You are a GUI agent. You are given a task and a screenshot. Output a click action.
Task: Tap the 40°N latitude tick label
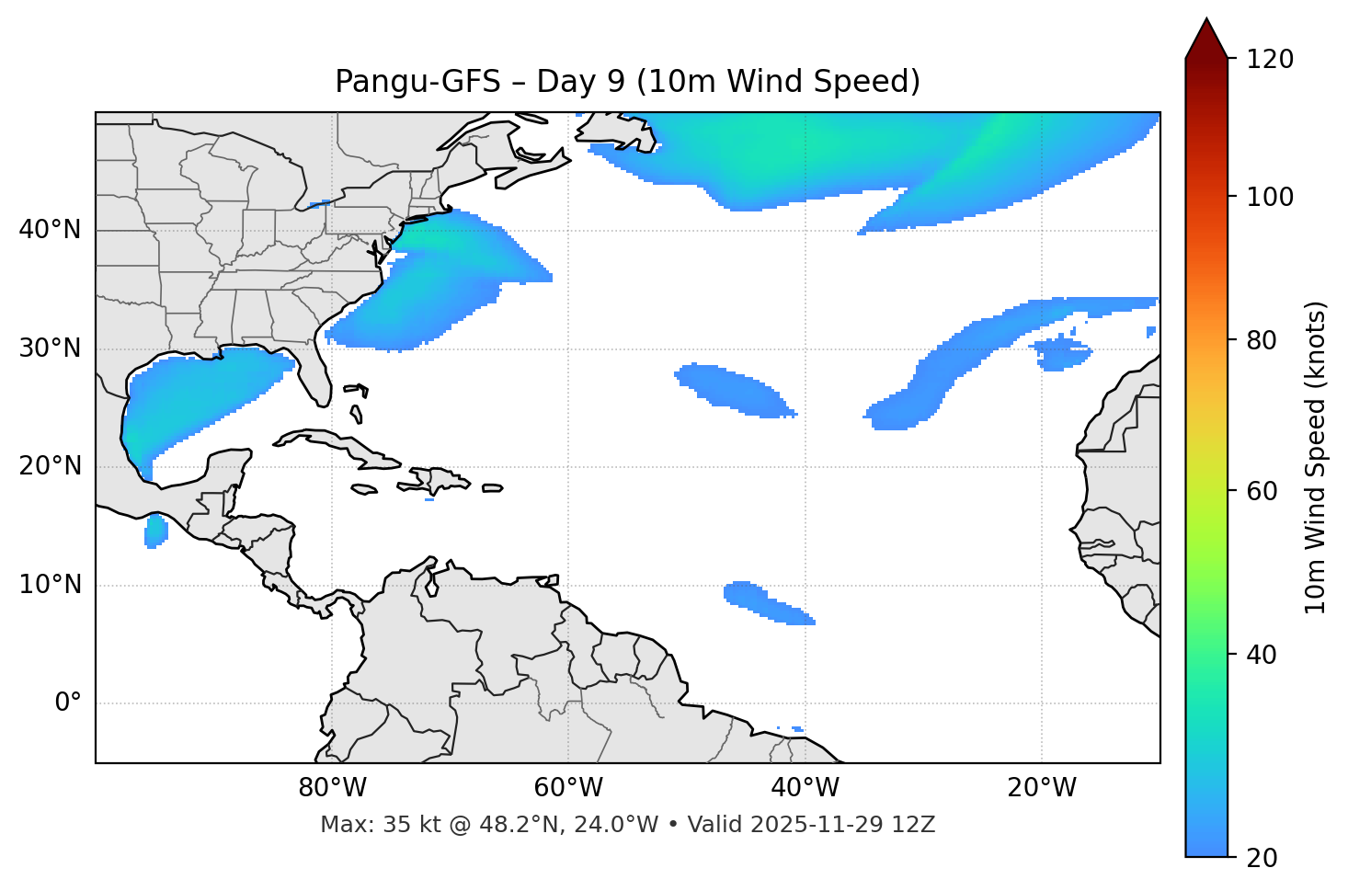coord(50,230)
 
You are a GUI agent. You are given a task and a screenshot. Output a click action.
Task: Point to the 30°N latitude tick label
coord(50,348)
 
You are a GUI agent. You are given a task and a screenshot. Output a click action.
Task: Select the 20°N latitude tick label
coord(50,466)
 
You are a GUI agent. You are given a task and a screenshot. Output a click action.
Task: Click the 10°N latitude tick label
coord(50,585)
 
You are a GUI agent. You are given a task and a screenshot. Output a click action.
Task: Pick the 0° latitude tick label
coord(68,703)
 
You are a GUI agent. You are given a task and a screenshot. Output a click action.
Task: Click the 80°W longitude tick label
coord(332,788)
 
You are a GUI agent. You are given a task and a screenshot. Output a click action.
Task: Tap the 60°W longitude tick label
coord(568,788)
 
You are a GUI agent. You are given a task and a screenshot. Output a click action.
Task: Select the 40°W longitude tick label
coord(805,788)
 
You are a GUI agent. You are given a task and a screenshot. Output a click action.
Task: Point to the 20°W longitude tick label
coord(1041,788)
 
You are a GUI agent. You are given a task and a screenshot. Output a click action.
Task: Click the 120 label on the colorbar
coord(1271,60)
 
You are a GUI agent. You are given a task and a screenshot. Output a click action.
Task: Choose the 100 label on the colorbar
coord(1271,197)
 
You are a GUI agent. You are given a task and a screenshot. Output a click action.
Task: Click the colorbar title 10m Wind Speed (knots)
coord(1316,457)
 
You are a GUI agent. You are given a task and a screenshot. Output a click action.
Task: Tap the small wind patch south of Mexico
coord(156,531)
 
